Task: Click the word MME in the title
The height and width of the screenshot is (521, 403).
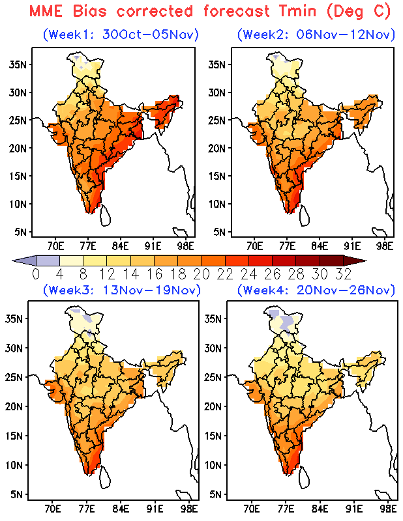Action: point(46,11)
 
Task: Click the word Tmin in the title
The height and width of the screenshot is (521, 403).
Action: point(298,11)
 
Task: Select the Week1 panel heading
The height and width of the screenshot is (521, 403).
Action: point(121,35)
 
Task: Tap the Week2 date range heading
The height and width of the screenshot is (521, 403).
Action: point(316,35)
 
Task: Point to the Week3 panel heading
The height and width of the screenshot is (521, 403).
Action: point(122,290)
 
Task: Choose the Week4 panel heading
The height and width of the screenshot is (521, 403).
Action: point(316,290)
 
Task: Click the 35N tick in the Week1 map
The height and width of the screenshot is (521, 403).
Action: point(18,64)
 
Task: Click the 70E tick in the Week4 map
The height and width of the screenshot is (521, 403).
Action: point(251,509)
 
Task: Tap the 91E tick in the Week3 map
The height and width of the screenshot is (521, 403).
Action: point(155,509)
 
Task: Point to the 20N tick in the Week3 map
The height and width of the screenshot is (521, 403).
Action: point(14,406)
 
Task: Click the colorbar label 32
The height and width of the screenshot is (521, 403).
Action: point(343,274)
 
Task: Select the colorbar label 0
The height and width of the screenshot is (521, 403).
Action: point(36,274)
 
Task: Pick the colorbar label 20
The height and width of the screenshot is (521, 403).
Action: point(201,274)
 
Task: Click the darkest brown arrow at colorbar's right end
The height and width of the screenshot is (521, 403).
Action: point(354,261)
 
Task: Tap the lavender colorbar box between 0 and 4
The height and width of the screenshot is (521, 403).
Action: point(48,261)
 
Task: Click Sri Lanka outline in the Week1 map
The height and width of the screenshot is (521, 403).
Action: point(106,216)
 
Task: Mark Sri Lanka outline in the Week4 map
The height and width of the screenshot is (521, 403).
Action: point(305,477)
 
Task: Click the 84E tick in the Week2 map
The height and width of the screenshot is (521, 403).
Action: point(320,246)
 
